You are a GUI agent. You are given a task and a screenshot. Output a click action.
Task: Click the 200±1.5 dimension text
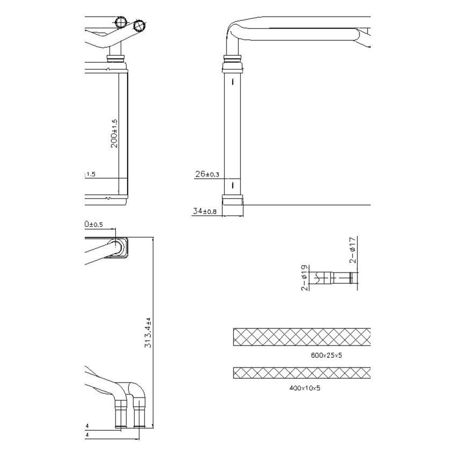[114, 133]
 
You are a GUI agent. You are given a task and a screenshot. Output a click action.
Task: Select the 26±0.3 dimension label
[207, 174]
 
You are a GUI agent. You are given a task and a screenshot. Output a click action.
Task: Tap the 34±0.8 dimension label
[204, 211]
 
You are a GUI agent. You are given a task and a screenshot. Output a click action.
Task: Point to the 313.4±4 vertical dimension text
[148, 333]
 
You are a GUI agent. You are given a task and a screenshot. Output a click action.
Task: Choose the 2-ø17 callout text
[352, 250]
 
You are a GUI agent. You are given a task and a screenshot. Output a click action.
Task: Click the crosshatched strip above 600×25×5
[302, 336]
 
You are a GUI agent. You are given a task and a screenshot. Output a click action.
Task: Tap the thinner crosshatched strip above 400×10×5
[302, 372]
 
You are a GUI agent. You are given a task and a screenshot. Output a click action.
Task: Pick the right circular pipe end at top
[139, 25]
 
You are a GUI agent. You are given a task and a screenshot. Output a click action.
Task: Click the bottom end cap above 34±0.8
[233, 200]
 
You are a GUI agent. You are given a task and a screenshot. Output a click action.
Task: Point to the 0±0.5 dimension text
[93, 224]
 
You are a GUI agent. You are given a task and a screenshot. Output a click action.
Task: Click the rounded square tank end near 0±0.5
[120, 247]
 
